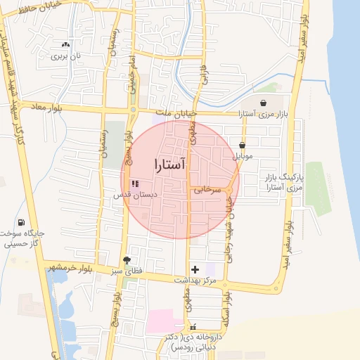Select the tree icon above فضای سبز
[x=127, y=259]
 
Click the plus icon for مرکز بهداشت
[x=195, y=269]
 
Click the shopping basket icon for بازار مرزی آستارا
[x=263, y=103]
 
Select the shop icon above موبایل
[x=242, y=145]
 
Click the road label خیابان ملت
[x=174, y=112]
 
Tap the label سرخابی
[x=207, y=189]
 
